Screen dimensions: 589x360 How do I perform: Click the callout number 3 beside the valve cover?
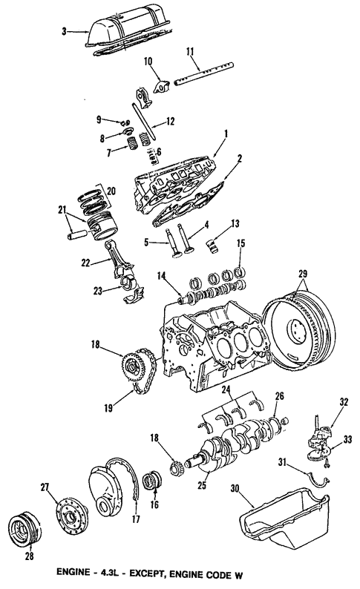click(x=64, y=31)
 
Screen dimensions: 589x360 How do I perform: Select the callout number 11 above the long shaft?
click(x=190, y=51)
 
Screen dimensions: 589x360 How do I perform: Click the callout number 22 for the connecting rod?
click(x=86, y=263)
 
